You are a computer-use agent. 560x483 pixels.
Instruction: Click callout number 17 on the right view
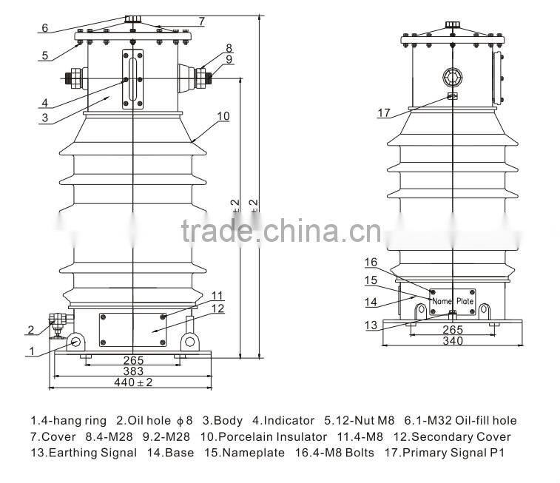click(383, 112)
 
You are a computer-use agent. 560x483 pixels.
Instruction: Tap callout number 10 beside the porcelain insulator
click(223, 116)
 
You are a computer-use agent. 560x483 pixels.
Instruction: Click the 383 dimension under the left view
click(134, 371)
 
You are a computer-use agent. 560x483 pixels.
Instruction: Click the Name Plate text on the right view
click(453, 301)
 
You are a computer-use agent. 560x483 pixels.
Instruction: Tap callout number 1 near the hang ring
click(31, 351)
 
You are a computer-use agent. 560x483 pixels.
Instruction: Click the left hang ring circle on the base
click(77, 341)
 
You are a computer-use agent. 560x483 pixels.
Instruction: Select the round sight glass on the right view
click(451, 77)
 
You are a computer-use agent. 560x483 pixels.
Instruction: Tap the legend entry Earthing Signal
click(89, 453)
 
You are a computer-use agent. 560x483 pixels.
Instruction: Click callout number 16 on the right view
click(371, 262)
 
